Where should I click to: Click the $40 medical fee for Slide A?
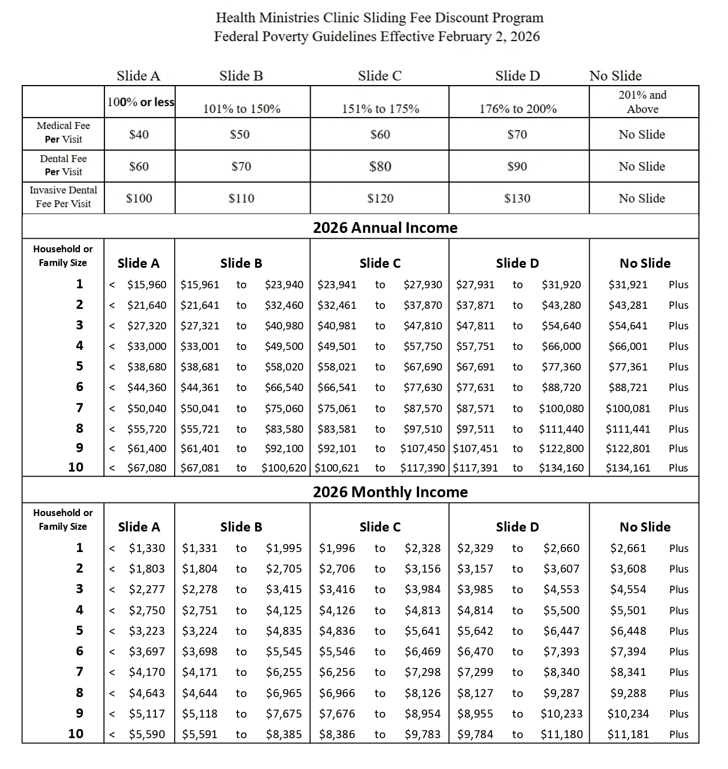139,135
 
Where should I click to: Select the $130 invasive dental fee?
517,199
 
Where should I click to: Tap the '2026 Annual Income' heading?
385,228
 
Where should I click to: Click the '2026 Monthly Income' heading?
390,492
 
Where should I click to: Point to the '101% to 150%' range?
242,109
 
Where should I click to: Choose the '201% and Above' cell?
642,102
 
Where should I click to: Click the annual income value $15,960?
147,285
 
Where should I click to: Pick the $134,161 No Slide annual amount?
628,468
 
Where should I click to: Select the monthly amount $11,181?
628,734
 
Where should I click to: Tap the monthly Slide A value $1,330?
147,549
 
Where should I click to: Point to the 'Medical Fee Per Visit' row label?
63,132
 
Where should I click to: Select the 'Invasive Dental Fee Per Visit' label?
63,197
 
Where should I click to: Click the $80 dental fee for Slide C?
380,167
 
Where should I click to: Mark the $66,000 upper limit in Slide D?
561,347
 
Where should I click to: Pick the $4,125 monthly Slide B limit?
284,610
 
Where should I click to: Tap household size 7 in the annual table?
79,408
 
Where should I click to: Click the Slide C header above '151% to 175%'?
380,76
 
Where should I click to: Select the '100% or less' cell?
140,102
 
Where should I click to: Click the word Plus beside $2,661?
678,549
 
